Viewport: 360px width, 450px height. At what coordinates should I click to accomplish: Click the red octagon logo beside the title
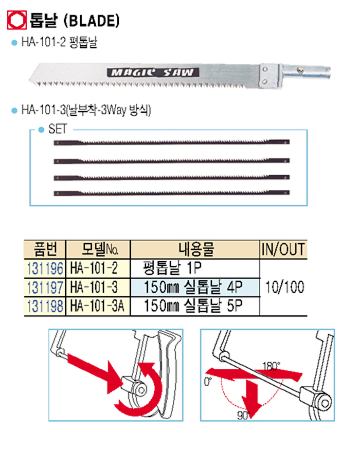[x=16, y=20]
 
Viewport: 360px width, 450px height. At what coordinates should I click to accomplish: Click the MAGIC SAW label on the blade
[x=153, y=73]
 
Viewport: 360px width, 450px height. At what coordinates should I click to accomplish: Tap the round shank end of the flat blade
[x=305, y=72]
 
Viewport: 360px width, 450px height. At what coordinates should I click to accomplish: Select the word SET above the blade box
[x=58, y=129]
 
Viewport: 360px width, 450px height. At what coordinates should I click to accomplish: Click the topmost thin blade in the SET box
[x=172, y=142]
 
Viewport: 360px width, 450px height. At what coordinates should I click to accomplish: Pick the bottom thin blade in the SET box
[x=172, y=193]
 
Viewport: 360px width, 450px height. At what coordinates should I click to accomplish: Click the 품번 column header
[x=45, y=249]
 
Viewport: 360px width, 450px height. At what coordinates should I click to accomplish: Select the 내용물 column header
[x=196, y=249]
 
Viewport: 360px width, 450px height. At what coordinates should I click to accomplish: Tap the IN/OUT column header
[x=283, y=249]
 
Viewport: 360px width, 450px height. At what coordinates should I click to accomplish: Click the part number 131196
[x=45, y=268]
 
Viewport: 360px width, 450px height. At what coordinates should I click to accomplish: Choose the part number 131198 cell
[x=45, y=305]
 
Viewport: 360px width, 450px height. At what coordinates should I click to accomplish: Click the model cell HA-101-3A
[x=98, y=305]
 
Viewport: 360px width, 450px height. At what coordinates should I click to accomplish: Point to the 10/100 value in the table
[x=284, y=287]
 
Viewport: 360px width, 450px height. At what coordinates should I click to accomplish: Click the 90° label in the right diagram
[x=243, y=415]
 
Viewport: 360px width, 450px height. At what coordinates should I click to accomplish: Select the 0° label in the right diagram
[x=208, y=382]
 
